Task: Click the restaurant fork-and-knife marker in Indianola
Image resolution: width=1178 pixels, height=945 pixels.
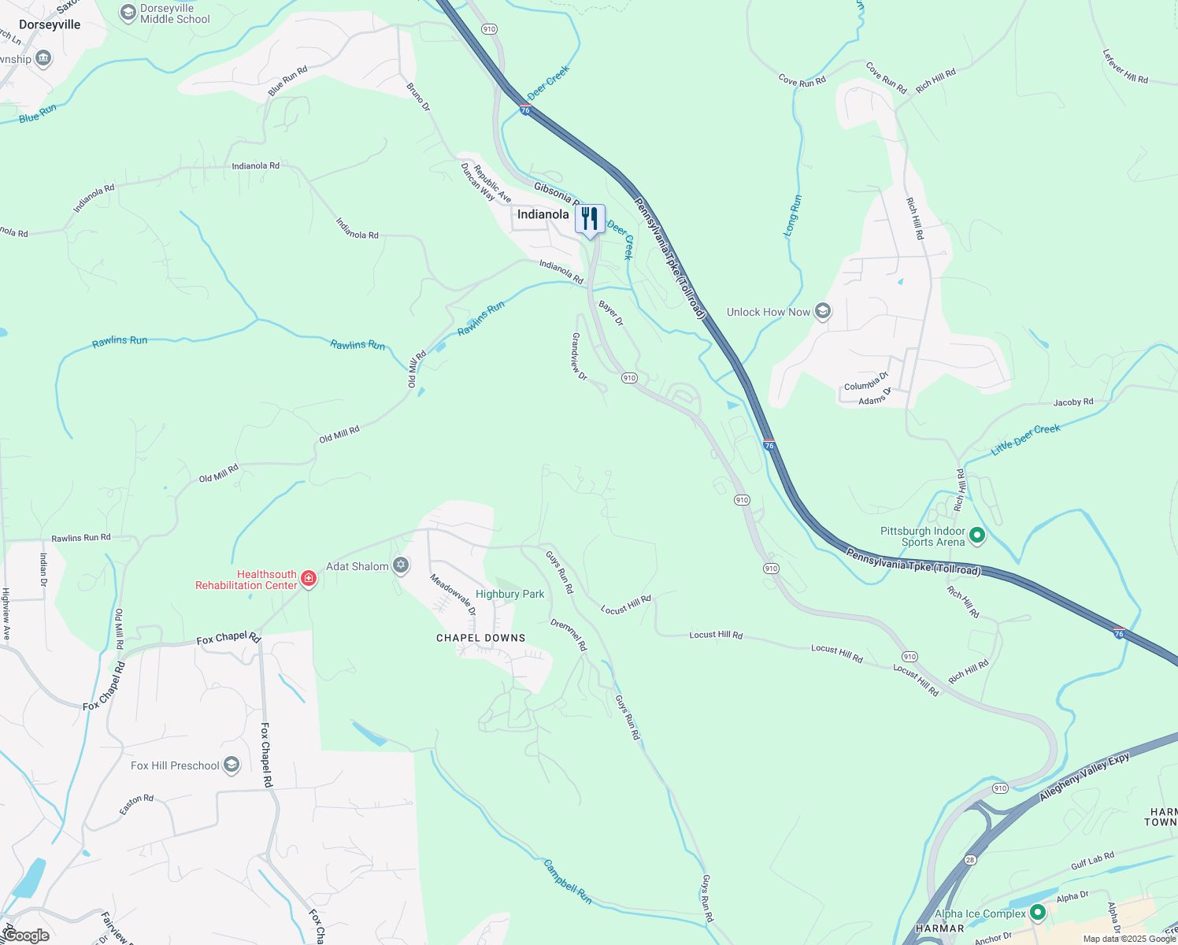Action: click(x=590, y=219)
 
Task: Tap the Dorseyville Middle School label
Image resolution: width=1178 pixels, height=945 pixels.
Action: click(x=175, y=13)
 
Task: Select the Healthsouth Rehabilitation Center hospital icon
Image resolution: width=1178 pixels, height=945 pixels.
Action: click(x=309, y=580)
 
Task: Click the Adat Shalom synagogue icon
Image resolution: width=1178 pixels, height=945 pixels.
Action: click(x=401, y=565)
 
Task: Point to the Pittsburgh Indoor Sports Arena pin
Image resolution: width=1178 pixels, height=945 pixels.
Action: click(x=977, y=535)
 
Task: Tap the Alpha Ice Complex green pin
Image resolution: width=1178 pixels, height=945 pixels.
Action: click(x=1038, y=913)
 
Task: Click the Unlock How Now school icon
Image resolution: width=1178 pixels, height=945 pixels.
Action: click(x=823, y=312)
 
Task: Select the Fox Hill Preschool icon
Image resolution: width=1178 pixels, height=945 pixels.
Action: click(x=232, y=765)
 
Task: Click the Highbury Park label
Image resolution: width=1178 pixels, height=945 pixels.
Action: click(x=510, y=594)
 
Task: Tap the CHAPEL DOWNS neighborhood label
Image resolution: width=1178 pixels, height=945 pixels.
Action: click(x=480, y=638)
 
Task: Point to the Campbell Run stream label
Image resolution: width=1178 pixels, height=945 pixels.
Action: click(x=567, y=880)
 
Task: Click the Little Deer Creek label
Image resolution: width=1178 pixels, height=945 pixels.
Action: click(x=1026, y=439)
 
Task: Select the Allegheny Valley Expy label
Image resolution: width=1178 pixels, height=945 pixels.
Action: click(x=1084, y=776)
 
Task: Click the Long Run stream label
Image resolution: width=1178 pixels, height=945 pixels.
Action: click(x=793, y=215)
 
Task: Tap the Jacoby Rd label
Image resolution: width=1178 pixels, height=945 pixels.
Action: click(x=1073, y=402)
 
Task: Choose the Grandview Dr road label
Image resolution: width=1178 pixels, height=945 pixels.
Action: click(x=579, y=356)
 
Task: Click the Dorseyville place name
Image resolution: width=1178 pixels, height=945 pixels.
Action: click(x=50, y=24)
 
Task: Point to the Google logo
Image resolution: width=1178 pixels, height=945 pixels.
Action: click(x=26, y=936)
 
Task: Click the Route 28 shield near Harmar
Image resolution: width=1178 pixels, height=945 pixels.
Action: click(x=970, y=860)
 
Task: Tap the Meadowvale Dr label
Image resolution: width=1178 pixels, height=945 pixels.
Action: click(x=453, y=595)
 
